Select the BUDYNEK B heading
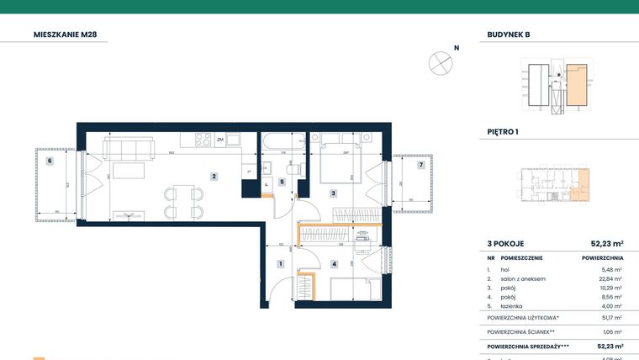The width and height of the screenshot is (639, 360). (509, 34)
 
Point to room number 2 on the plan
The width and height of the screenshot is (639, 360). (214, 177)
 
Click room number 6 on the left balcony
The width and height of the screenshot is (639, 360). (50, 160)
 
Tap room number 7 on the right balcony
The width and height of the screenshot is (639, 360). (420, 165)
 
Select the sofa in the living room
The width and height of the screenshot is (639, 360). (129, 149)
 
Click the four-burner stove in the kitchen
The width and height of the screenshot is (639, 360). (203, 140)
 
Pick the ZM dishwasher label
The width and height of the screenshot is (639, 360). (219, 140)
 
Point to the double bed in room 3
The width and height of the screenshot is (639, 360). (341, 161)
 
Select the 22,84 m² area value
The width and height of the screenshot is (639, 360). (611, 278)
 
